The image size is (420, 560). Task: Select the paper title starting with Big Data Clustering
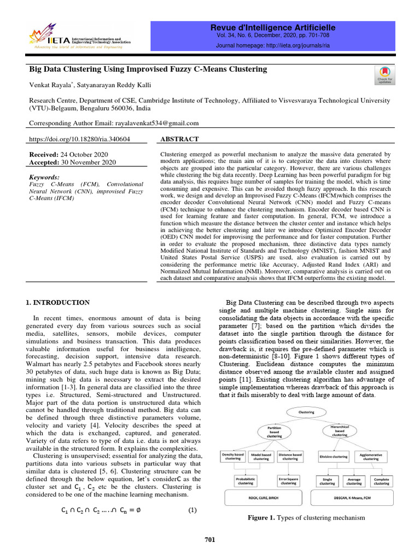tap(148, 69)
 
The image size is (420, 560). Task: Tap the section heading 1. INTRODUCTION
tap(58, 302)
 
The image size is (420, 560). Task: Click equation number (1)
tap(192, 511)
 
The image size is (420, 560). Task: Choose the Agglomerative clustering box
tap(371, 456)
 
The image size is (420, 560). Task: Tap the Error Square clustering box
tap(289, 481)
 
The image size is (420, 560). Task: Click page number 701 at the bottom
tap(209, 540)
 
